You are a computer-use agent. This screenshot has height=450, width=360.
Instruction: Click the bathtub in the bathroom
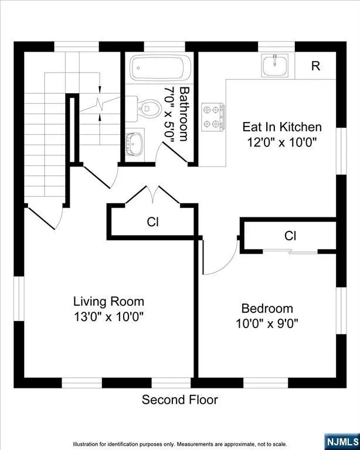click(161, 68)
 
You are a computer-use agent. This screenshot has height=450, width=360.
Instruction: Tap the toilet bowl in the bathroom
click(150, 109)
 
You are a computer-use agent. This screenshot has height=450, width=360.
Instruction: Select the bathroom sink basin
click(135, 144)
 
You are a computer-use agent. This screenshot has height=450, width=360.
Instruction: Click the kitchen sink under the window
click(275, 66)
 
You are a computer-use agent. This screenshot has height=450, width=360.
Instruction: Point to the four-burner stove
click(213, 117)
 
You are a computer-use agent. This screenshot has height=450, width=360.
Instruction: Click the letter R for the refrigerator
click(315, 66)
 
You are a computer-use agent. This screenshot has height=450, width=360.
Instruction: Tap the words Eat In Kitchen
click(282, 127)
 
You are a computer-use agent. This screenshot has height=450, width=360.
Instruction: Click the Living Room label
click(108, 302)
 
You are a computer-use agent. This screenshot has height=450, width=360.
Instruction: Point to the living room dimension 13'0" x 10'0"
click(108, 317)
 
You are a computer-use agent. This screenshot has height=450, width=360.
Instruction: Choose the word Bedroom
click(267, 309)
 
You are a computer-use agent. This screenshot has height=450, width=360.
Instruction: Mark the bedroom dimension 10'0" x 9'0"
click(267, 323)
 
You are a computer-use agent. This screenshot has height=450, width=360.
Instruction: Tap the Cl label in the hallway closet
click(152, 222)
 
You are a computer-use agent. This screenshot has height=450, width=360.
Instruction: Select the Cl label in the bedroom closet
click(290, 236)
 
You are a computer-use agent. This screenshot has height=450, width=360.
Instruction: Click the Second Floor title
click(180, 400)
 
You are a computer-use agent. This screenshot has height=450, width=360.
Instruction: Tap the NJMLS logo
click(342, 444)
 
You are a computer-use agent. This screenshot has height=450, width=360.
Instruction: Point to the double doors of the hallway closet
click(152, 195)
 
